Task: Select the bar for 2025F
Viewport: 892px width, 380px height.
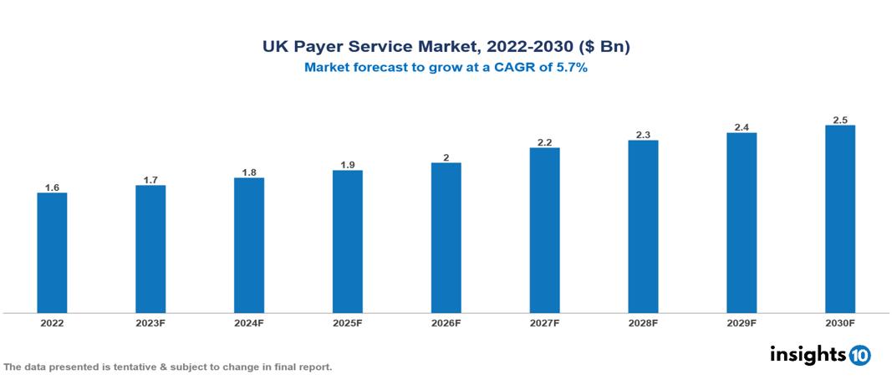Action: (x=347, y=242)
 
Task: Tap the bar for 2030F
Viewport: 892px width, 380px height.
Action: (x=839, y=219)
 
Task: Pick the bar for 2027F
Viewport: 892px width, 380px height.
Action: (x=544, y=230)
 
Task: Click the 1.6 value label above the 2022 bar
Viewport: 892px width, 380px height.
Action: (x=52, y=187)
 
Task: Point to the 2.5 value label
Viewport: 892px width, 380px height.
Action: (x=839, y=121)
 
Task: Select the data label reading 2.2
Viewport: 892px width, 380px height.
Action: (x=544, y=143)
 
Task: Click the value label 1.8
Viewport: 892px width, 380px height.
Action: (x=249, y=172)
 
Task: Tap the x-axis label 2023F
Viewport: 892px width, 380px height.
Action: (x=150, y=322)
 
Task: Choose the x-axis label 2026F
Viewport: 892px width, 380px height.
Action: (x=446, y=322)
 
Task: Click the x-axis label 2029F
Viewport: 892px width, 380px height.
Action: (x=741, y=322)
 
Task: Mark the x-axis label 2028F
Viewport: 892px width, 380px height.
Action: (x=643, y=322)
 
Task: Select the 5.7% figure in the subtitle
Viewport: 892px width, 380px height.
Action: (x=571, y=69)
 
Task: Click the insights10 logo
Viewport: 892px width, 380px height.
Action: (x=820, y=354)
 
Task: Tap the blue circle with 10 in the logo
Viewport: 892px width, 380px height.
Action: (x=859, y=355)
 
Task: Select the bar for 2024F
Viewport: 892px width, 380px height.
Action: (x=249, y=245)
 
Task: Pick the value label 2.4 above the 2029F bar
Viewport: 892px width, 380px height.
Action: (x=741, y=128)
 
